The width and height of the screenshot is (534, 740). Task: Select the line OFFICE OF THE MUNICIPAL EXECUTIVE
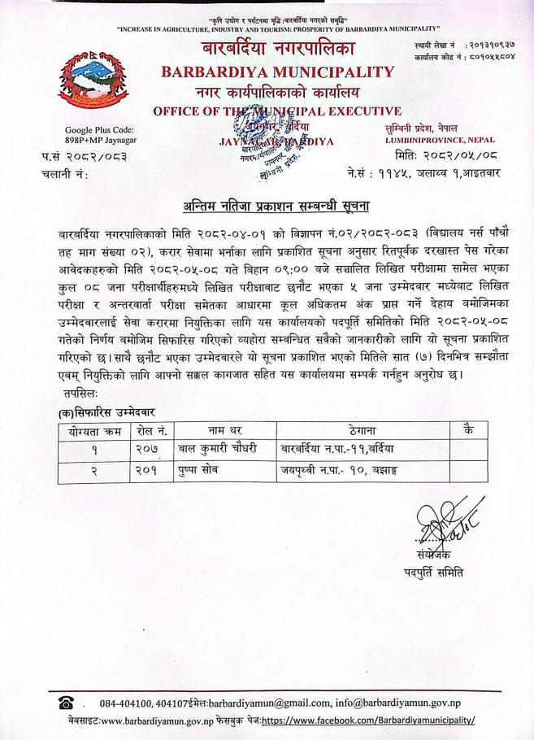coord(277,111)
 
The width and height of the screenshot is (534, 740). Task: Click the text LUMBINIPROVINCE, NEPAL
coord(440,140)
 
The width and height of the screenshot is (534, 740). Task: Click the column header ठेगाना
coord(360,429)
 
